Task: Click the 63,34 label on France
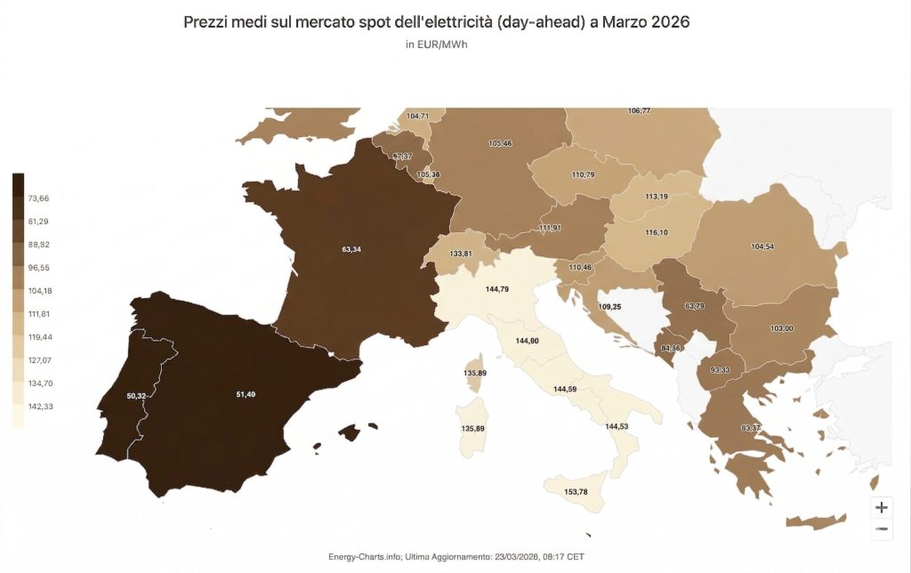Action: pos(351,249)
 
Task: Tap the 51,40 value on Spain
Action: pos(246,394)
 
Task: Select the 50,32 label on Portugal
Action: pos(137,395)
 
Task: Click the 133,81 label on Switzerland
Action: pos(461,254)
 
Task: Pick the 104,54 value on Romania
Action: pos(762,246)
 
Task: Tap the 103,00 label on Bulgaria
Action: pos(782,329)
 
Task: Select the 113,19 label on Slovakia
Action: pos(657,197)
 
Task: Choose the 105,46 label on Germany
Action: pos(500,143)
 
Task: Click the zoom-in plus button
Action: pos(882,507)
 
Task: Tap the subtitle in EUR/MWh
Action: pos(437,45)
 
